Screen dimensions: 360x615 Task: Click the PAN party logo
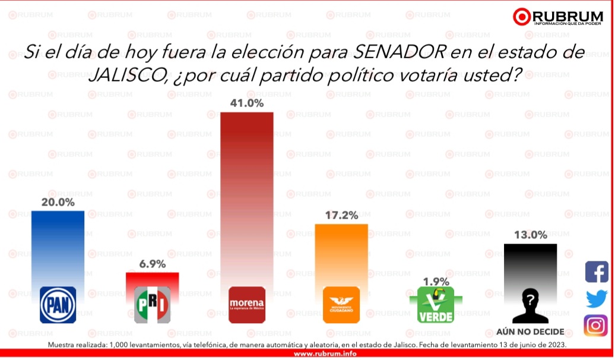click(x=58, y=304)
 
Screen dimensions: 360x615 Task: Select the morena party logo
click(x=246, y=304)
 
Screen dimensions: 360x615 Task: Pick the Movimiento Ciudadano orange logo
click(x=341, y=304)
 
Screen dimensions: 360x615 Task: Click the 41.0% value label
click(x=247, y=103)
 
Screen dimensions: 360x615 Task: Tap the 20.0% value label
click(x=58, y=202)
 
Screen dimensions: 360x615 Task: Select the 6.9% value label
click(x=152, y=264)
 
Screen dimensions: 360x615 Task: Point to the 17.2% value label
click(x=341, y=215)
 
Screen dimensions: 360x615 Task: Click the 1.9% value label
click(x=436, y=281)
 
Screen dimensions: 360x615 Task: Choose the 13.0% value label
click(x=530, y=235)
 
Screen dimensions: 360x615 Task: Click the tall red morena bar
click(x=246, y=196)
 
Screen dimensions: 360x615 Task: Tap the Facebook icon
click(x=596, y=271)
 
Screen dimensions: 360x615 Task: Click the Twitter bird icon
click(x=596, y=299)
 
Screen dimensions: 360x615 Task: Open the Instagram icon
click(x=596, y=326)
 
